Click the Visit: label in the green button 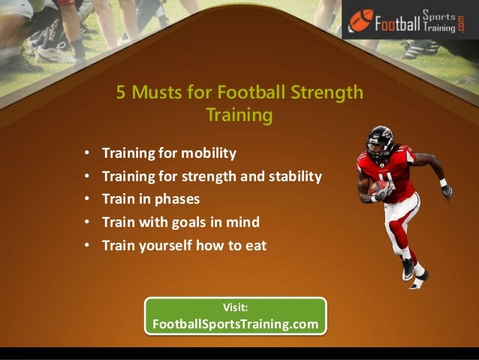coord(236,307)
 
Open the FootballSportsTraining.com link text coord(235,325)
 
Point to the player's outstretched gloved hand coord(447,191)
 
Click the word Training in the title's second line coord(239,116)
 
